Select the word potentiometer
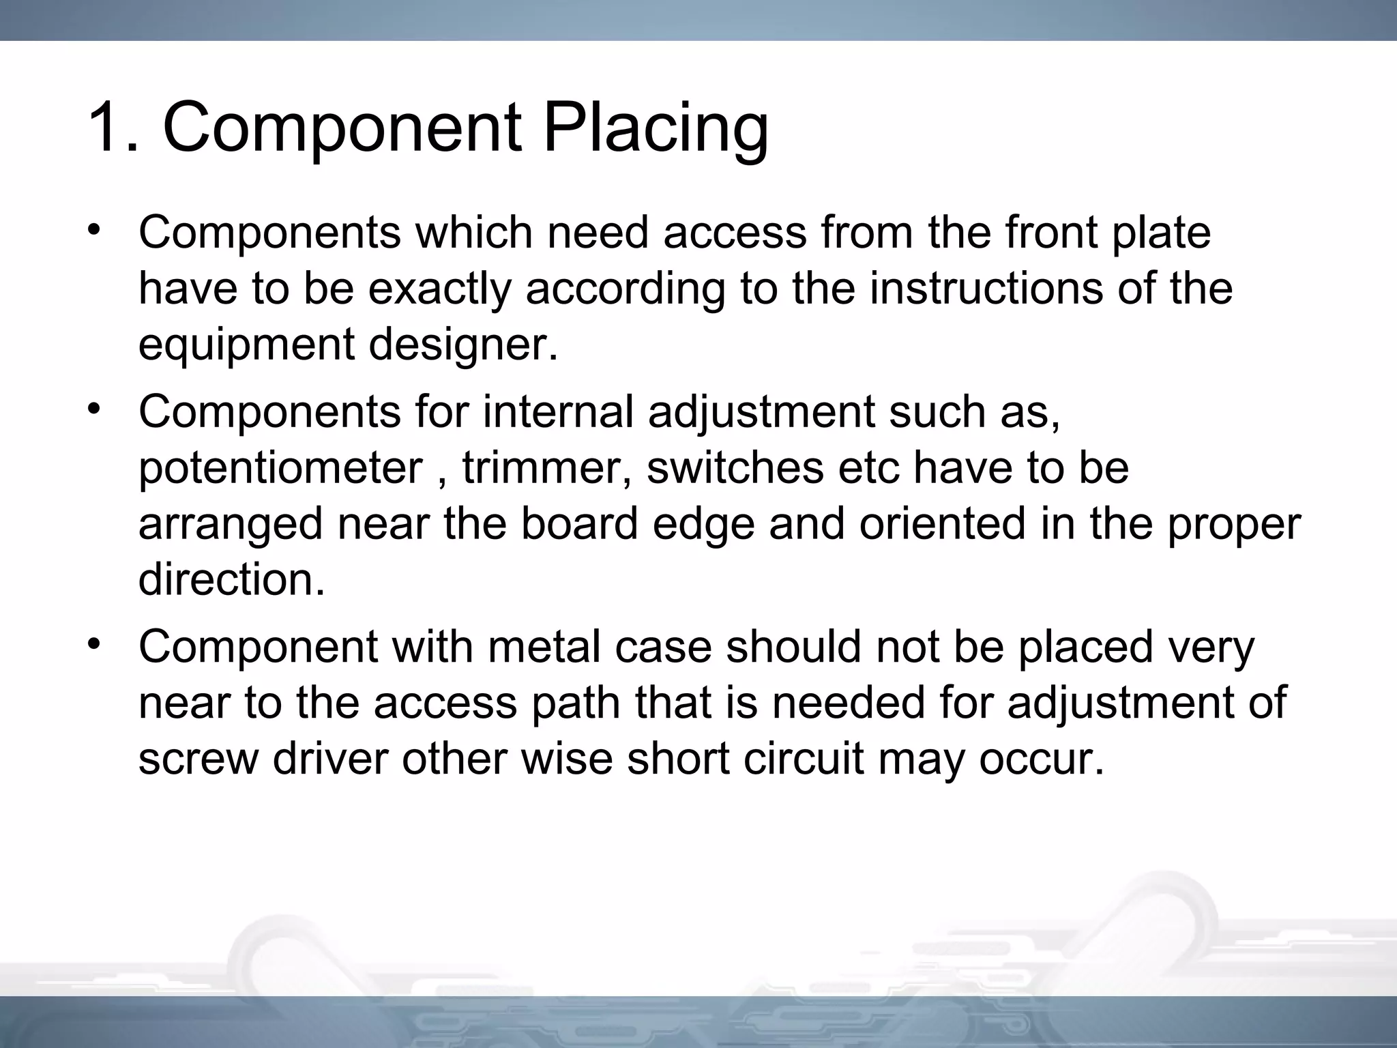tap(280, 469)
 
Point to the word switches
tap(737, 469)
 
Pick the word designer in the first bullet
tap(463, 345)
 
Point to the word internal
tap(559, 412)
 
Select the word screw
tap(198, 759)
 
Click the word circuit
tap(804, 759)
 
